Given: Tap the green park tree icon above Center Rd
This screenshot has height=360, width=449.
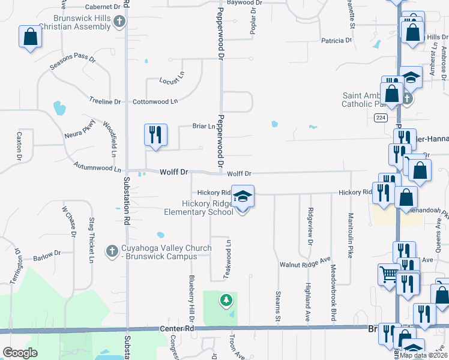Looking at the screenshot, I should click(226, 299).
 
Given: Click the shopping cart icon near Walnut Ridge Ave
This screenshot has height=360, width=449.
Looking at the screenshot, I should click(388, 274).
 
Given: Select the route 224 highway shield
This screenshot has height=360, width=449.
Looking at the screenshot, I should click(381, 118).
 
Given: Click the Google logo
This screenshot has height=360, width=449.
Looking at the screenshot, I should click(20, 353).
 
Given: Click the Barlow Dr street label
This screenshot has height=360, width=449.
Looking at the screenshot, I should click(47, 254).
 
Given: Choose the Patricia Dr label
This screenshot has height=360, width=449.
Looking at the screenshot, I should click(336, 41).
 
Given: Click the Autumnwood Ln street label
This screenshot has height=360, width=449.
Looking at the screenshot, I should click(97, 166).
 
